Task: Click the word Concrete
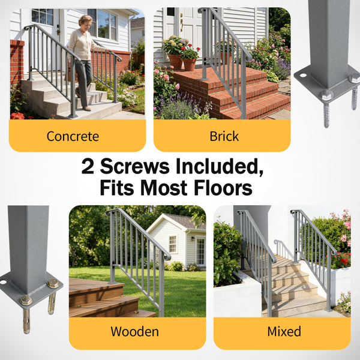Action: (73, 136)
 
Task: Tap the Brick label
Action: (224, 136)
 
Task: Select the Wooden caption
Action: (134, 332)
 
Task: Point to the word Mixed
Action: (284, 332)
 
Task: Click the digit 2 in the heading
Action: (88, 166)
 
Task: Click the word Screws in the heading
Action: (135, 166)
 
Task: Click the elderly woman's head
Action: (85, 21)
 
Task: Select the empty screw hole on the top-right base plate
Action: (303, 75)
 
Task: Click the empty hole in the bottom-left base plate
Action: (3, 282)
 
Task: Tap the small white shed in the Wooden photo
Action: (176, 241)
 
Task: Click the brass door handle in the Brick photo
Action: (182, 22)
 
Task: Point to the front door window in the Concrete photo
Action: (43, 17)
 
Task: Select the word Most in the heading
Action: (164, 188)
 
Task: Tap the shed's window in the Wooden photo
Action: (173, 244)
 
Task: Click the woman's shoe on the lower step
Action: (86, 109)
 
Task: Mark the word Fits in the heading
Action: (117, 188)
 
